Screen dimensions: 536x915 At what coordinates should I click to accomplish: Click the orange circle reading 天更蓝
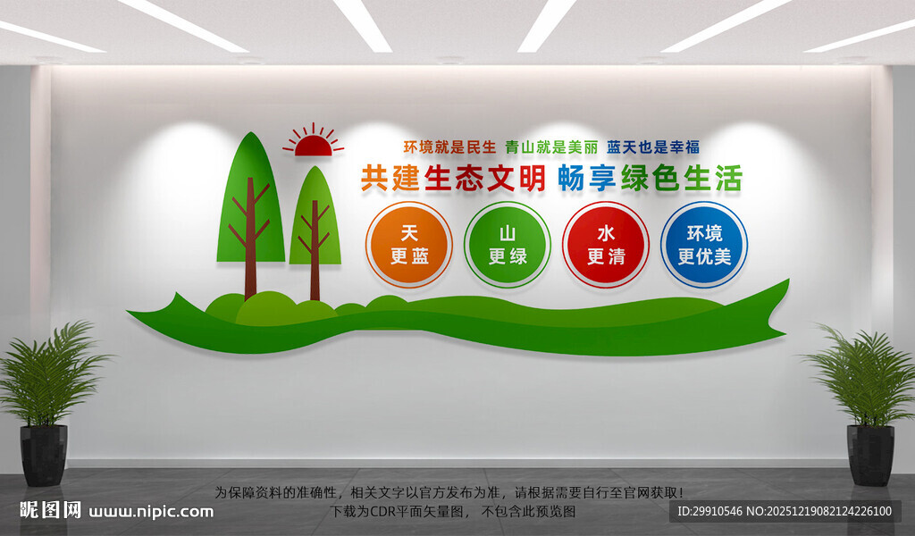point(409,245)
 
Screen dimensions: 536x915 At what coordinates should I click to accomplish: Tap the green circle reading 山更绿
point(508,245)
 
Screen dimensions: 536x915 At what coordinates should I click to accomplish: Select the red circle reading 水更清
point(606,245)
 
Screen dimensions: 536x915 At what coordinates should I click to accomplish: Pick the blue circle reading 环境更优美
point(704,245)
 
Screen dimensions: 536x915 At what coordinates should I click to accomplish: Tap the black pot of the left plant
point(44,454)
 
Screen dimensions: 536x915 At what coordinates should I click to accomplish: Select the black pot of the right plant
point(869,454)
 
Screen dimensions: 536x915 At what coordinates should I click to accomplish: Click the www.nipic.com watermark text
point(153,512)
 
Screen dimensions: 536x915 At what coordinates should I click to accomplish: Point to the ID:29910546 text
point(711,512)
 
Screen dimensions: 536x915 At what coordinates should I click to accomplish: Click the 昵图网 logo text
point(51,510)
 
